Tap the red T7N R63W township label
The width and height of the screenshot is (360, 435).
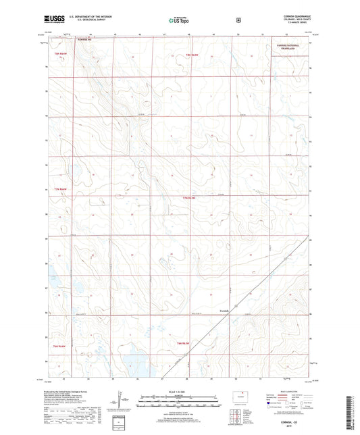(192, 197)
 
